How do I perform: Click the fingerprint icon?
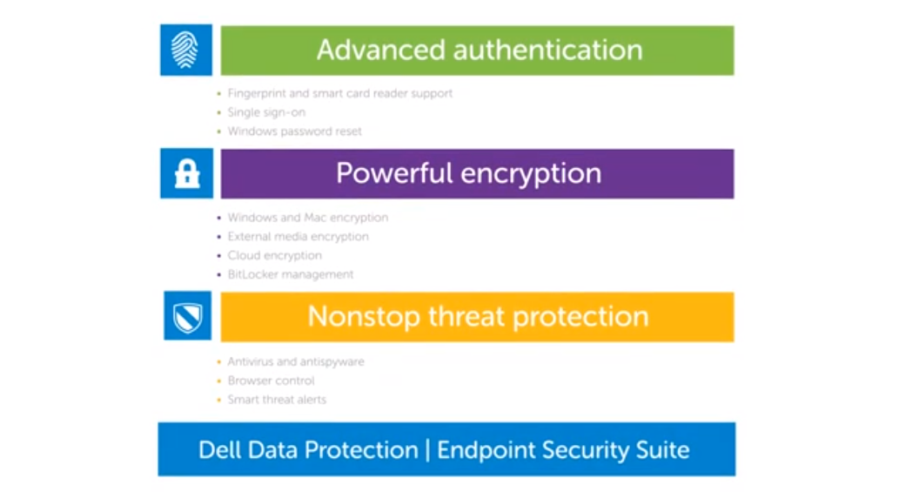[x=185, y=51]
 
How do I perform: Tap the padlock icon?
[x=186, y=174]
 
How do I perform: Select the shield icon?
[x=187, y=316]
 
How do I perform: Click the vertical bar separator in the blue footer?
[x=427, y=450]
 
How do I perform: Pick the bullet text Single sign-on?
[x=266, y=112]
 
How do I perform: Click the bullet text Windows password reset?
[x=294, y=131]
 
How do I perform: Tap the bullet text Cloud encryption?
[x=274, y=256]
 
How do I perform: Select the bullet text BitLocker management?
[x=291, y=274]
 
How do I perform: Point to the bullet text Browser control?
[x=271, y=381]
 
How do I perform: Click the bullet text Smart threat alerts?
[x=277, y=400]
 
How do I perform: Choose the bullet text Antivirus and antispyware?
[x=296, y=361]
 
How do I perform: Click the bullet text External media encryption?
[x=298, y=237]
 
